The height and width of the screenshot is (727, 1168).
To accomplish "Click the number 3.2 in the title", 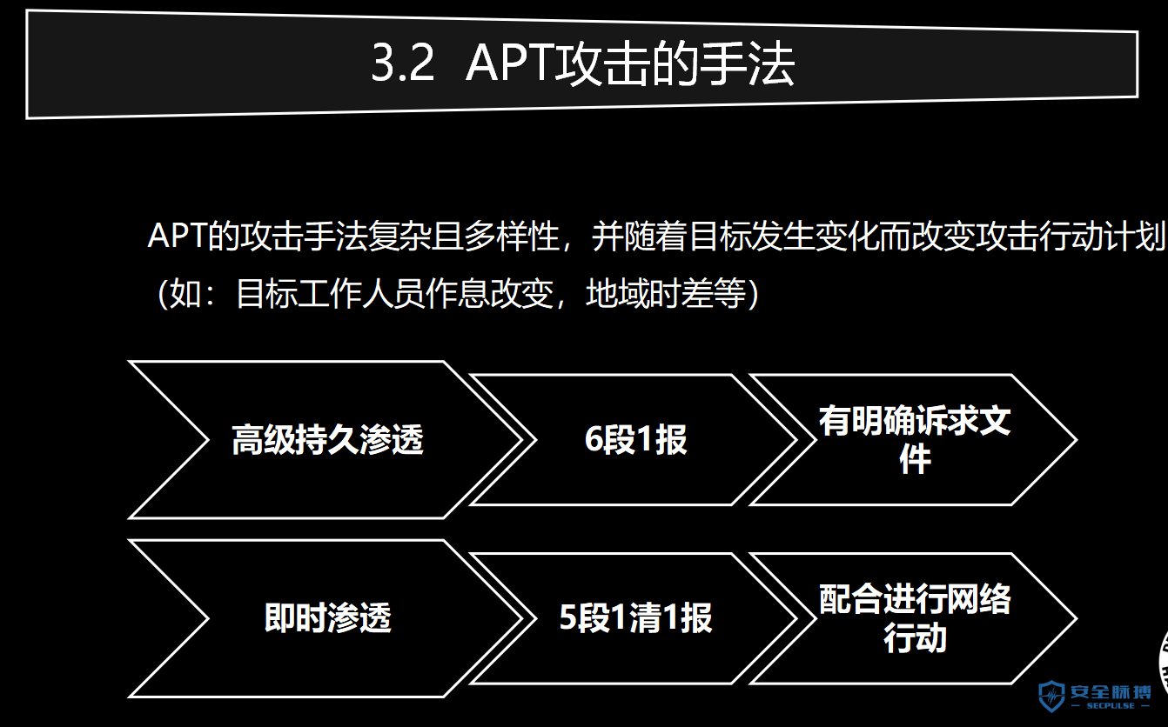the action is coord(403,63).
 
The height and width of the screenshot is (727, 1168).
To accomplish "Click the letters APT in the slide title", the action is coord(509,63).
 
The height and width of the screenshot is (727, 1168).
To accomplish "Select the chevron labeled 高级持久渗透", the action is coord(326,440).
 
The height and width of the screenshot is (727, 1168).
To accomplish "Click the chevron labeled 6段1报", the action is coord(634,440).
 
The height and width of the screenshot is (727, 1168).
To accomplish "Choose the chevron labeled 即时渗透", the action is coord(326,618).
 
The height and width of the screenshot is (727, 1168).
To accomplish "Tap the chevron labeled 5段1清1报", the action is coord(634,618).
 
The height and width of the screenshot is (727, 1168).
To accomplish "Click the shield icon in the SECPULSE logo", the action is coord(1051,696).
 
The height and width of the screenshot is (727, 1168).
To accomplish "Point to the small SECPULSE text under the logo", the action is coord(1111,705).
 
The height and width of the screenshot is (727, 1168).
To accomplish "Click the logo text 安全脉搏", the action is coord(1111,692).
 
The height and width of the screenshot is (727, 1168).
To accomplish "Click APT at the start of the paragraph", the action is coord(177,236).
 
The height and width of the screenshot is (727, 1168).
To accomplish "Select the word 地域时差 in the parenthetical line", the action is coord(649,293).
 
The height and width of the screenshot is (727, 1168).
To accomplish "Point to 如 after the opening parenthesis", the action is coord(185,293).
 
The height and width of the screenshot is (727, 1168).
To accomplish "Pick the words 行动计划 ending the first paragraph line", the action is coord(1102,236).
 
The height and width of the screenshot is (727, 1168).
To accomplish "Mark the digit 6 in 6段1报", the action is coord(594,439).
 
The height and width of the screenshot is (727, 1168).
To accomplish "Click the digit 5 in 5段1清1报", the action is coord(567,618).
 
